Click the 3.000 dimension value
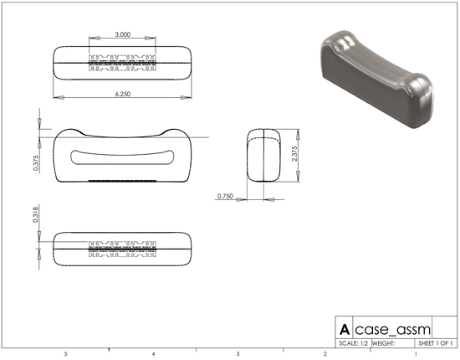[x=123, y=34]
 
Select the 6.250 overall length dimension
[x=123, y=94]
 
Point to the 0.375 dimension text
[x=36, y=163]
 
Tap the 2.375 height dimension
[x=294, y=153]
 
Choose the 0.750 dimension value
[x=225, y=196]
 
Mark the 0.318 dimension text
[x=35, y=214]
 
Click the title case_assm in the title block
[x=392, y=330]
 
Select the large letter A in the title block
[x=345, y=330]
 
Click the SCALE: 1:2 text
[x=354, y=343]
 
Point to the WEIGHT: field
[x=383, y=343]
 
